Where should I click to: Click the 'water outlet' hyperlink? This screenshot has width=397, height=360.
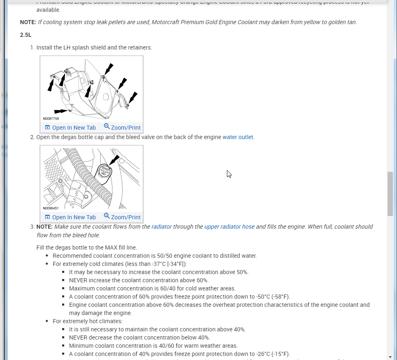click(238, 137)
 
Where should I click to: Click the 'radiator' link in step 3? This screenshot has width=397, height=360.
click(161, 227)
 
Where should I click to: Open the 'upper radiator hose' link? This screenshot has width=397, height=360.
click(229, 227)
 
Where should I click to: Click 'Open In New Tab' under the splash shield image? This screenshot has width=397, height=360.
click(70, 128)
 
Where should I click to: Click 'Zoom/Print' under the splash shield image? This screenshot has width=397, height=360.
click(122, 128)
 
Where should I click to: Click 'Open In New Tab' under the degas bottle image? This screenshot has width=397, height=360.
click(70, 217)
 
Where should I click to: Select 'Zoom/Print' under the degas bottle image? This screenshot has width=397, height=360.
click(122, 217)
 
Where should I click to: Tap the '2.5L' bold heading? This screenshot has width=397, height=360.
click(26, 35)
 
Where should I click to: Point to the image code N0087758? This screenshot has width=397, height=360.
click(51, 119)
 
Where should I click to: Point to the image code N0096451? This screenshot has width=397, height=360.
click(51, 208)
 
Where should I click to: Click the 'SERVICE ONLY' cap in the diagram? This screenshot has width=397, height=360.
click(105, 171)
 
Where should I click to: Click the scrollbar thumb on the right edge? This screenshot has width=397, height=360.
click(390, 193)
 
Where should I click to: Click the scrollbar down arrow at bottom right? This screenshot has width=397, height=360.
click(390, 357)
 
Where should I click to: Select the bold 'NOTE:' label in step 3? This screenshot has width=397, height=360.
click(44, 227)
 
